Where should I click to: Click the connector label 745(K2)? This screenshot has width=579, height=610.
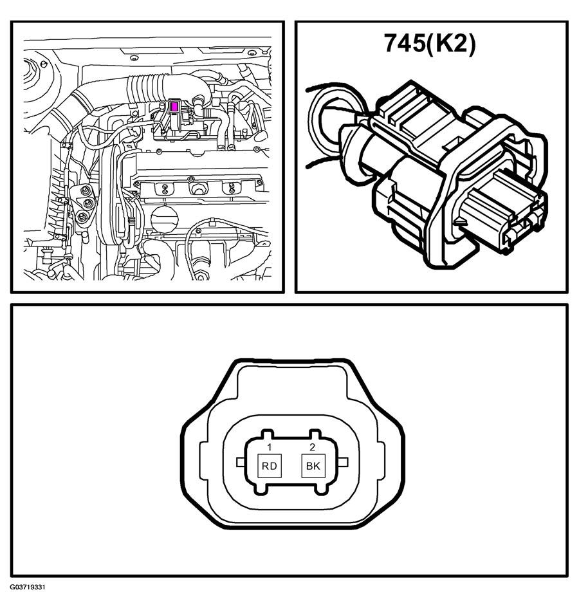tap(430, 43)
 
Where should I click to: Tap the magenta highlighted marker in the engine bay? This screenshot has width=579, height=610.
tap(174, 106)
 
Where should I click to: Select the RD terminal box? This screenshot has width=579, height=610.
tap(270, 466)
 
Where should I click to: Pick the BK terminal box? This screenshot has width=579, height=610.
tap(313, 466)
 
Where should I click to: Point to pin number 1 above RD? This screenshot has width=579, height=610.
tap(268, 447)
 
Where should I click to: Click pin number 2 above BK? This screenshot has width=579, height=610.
tap(312, 447)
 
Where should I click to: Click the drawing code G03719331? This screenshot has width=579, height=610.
tap(28, 597)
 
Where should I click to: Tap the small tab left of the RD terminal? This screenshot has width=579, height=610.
tap(241, 462)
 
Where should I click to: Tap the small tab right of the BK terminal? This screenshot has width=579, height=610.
tap(343, 462)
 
